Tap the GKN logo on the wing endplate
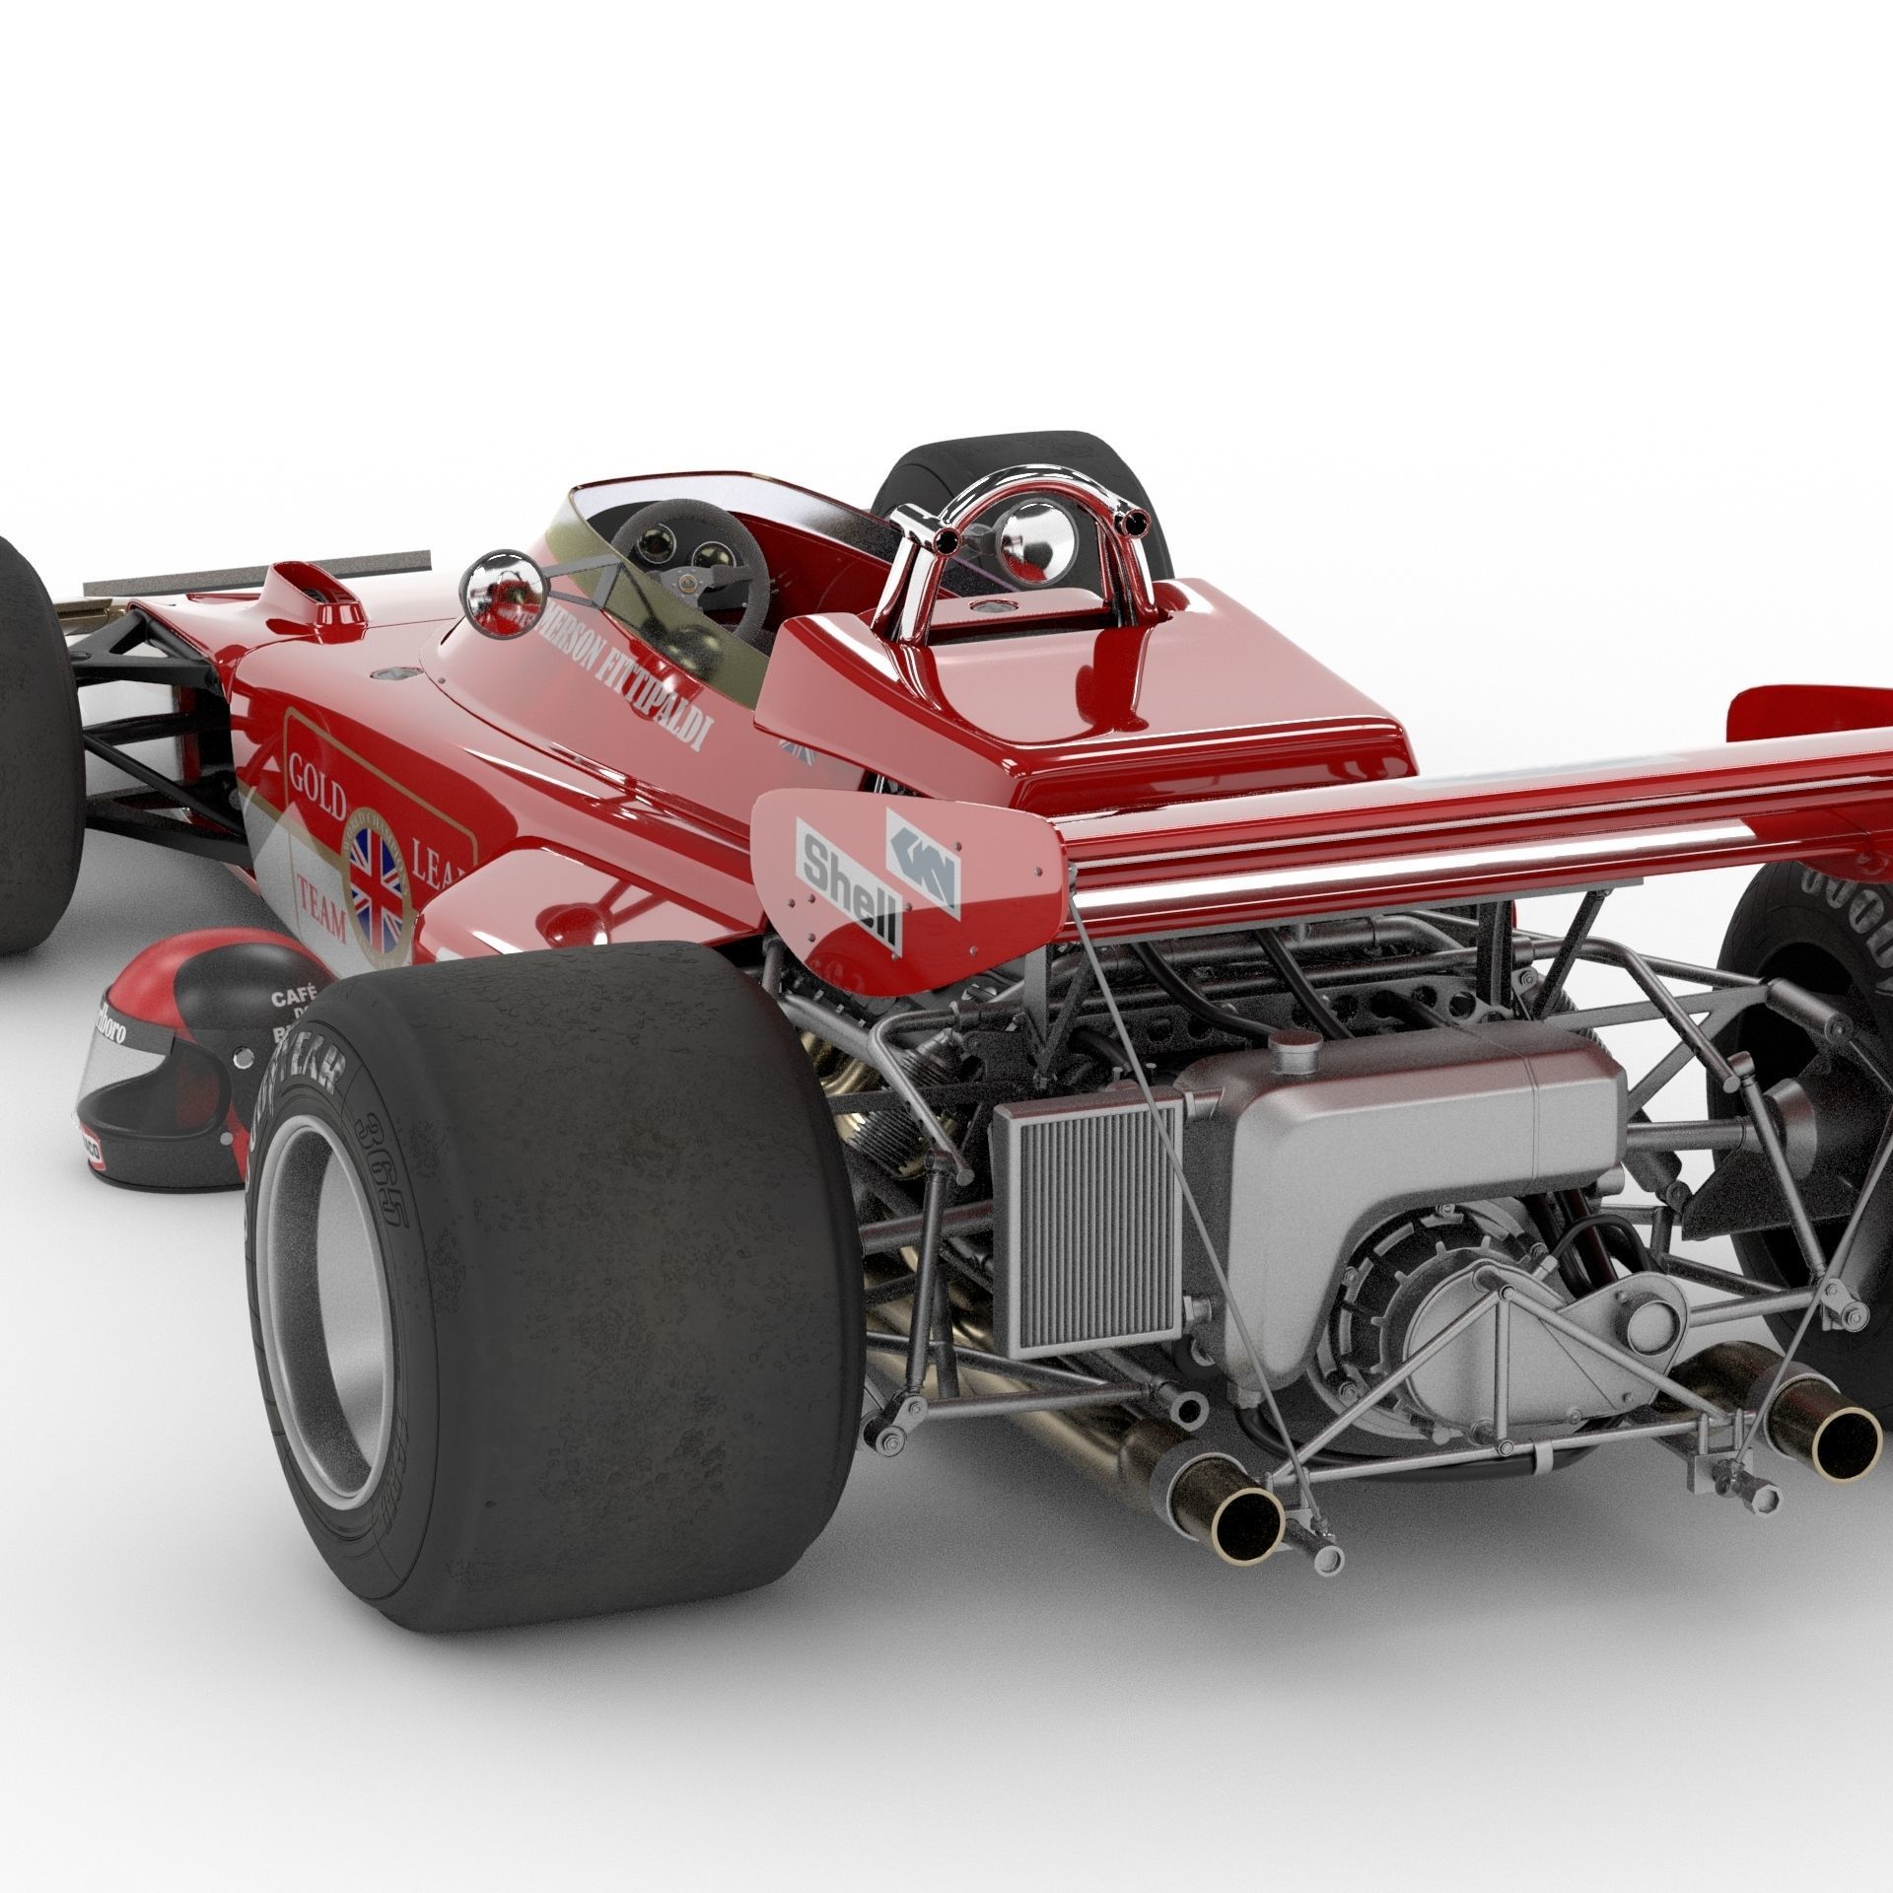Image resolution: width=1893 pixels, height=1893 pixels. pos(923,856)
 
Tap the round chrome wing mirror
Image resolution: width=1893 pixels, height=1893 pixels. pos(502,593)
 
